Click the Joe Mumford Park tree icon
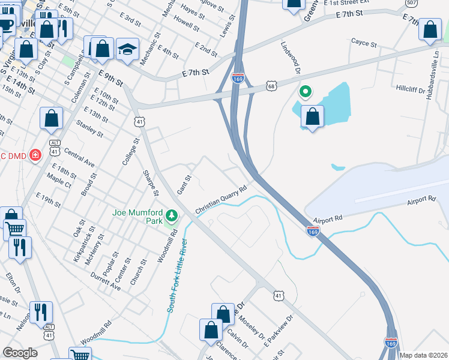point(172,215)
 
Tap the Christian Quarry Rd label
point(221,200)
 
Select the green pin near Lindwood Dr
point(306,92)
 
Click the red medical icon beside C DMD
point(35,155)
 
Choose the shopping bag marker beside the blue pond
point(312,117)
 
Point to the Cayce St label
point(364,44)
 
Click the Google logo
point(20,352)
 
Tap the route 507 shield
point(411,2)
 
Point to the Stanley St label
point(91,128)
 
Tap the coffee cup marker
point(7,25)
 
